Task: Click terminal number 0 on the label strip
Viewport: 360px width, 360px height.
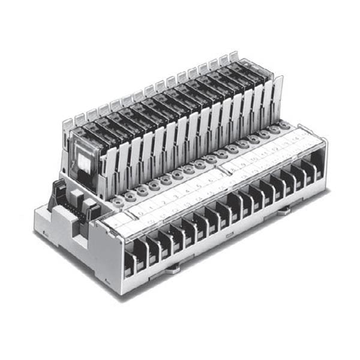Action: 139,209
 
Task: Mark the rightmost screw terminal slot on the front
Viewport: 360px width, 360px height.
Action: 313,169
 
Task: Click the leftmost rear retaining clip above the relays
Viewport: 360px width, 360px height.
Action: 67,125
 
